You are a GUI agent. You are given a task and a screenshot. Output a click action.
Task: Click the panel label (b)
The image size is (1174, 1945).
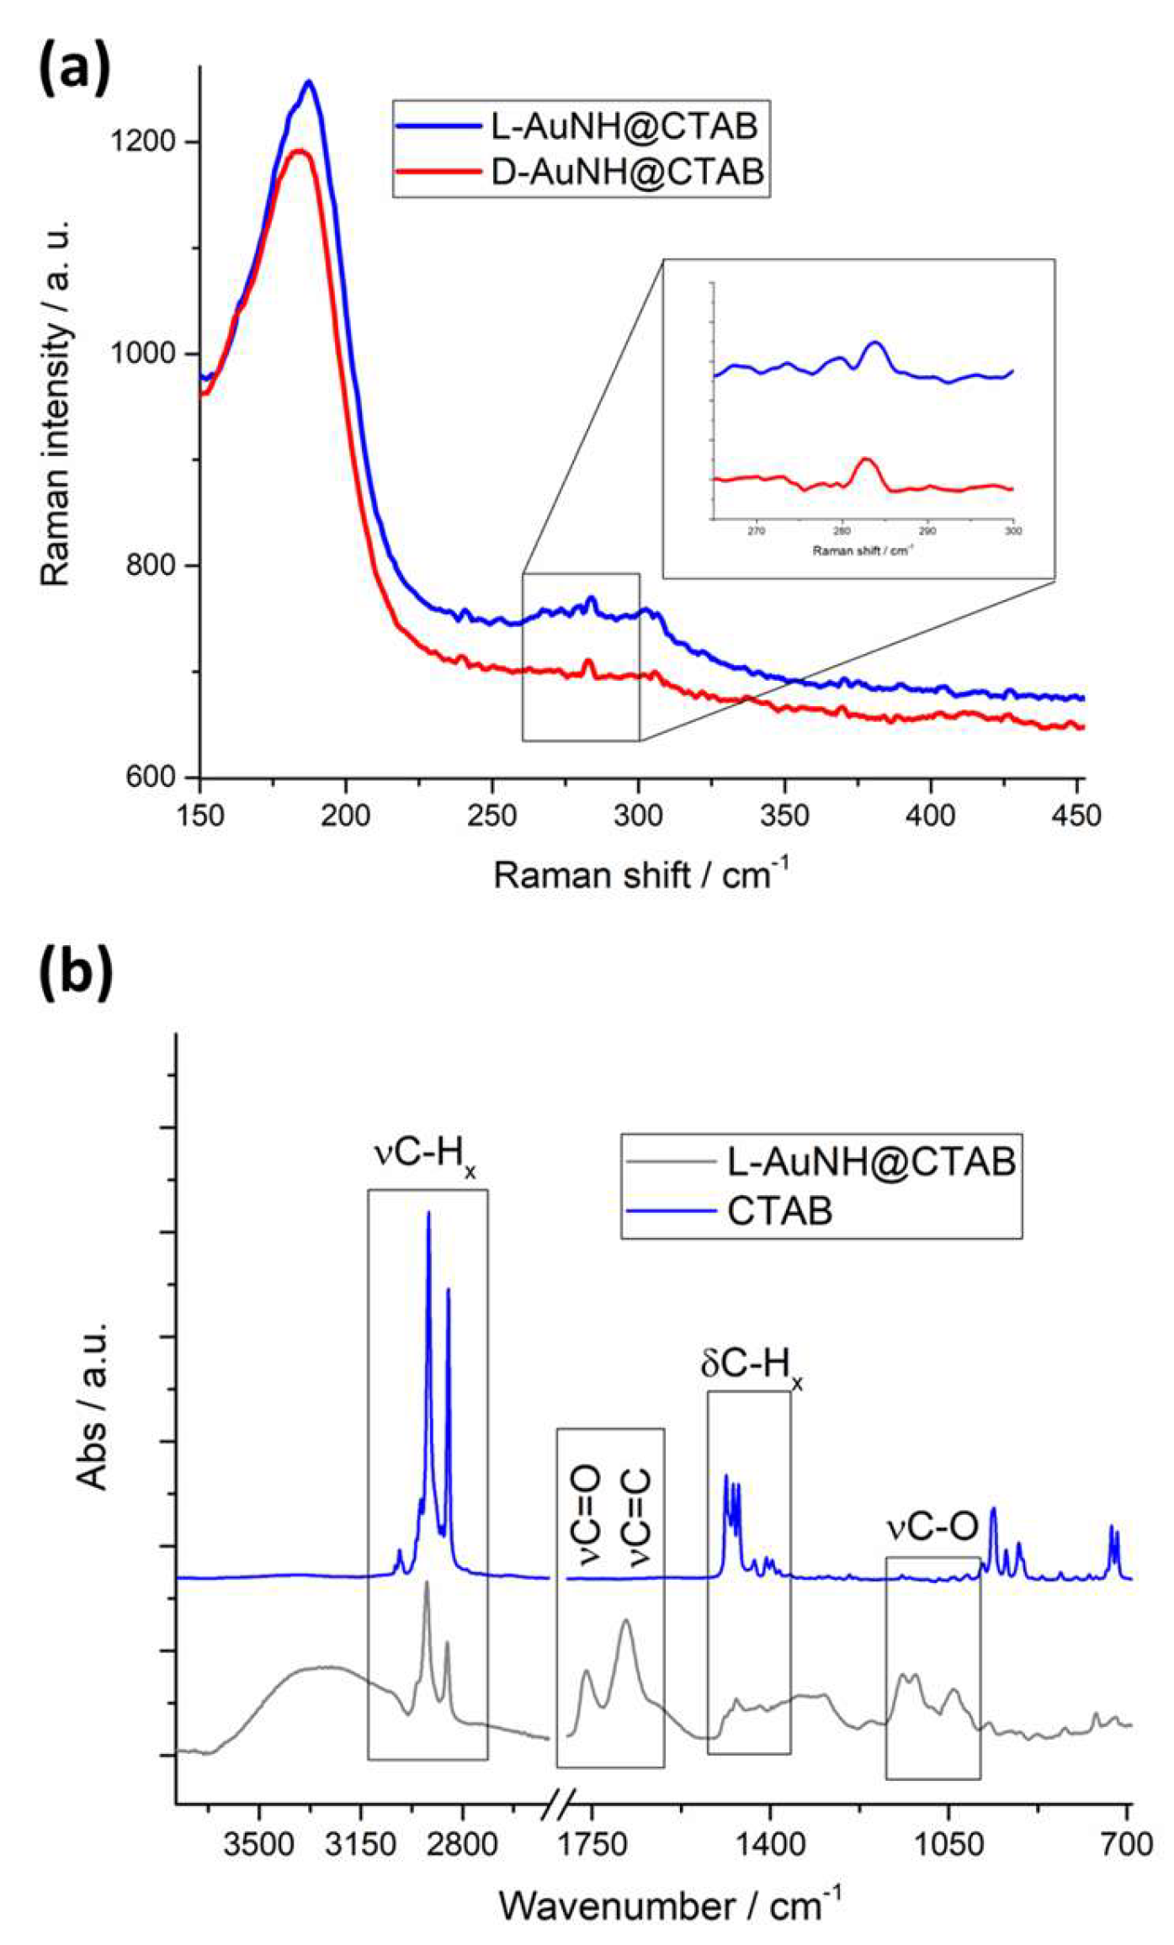(x=76, y=972)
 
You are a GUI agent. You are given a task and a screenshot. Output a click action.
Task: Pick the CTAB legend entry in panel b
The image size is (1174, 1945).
(x=779, y=1211)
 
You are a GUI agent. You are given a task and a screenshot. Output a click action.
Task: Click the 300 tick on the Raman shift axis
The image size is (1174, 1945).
(x=639, y=815)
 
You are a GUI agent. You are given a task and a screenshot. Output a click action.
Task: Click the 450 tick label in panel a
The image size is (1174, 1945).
(x=1076, y=815)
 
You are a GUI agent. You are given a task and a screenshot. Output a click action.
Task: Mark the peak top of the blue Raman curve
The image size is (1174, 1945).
(x=309, y=82)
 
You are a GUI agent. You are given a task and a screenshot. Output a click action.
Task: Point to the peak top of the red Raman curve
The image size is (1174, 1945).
(x=300, y=151)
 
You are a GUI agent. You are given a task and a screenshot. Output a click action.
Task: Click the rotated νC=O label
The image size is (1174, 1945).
(x=587, y=1515)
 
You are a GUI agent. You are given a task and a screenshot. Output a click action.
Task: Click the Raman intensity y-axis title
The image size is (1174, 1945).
(x=56, y=404)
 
